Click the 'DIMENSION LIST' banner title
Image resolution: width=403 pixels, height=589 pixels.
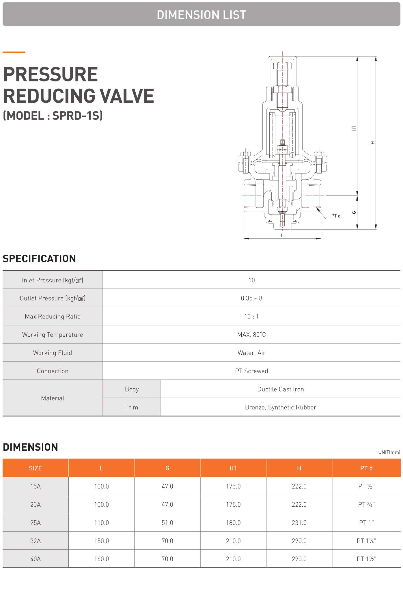pyautogui.click(x=201, y=15)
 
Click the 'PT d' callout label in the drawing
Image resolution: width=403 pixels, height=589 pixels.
pyautogui.click(x=336, y=216)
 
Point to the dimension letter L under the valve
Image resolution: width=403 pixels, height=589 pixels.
pyautogui.click(x=282, y=236)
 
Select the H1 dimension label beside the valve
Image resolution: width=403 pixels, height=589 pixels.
pyautogui.click(x=354, y=129)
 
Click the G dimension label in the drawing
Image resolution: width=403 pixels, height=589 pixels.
pyautogui.click(x=354, y=213)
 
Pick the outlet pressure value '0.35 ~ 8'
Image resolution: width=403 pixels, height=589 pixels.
pyautogui.click(x=251, y=298)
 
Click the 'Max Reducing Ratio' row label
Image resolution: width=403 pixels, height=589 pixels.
pyautogui.click(x=53, y=316)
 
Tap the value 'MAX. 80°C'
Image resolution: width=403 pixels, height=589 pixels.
pyautogui.click(x=251, y=335)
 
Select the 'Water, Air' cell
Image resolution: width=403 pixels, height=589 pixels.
pyautogui.click(x=251, y=353)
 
